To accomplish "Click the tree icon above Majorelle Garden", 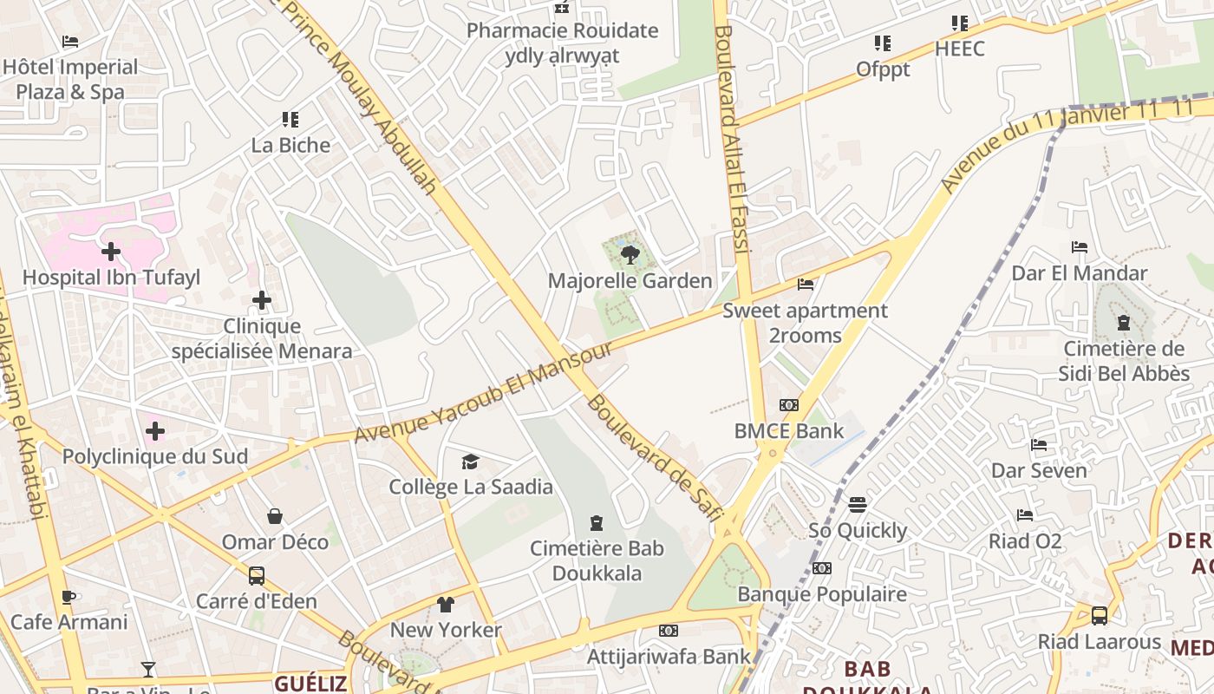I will click(x=630, y=255).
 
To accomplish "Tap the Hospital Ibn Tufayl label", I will click(x=111, y=278).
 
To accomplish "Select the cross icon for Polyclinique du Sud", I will click(x=155, y=430).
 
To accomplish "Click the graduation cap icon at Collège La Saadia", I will click(x=470, y=462).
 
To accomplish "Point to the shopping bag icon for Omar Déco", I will click(x=275, y=517).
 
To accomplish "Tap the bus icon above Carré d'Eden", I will click(x=257, y=575).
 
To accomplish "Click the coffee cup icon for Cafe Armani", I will click(x=69, y=597).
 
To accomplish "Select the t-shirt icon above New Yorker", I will click(x=445, y=604).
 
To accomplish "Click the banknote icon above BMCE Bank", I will click(x=788, y=405).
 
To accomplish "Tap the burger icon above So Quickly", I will click(x=858, y=505).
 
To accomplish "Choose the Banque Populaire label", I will click(x=822, y=594).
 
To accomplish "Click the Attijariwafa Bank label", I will click(x=668, y=657).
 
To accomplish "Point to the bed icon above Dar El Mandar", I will click(x=1080, y=248).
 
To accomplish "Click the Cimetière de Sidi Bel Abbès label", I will click(x=1124, y=361).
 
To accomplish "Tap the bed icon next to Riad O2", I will click(x=1025, y=515).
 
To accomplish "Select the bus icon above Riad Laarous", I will click(x=1100, y=616).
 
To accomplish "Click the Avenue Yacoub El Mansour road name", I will click(x=483, y=392).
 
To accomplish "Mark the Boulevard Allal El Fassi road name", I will click(x=733, y=139).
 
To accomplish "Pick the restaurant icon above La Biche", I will click(x=290, y=120).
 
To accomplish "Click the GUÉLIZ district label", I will click(x=310, y=684).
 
